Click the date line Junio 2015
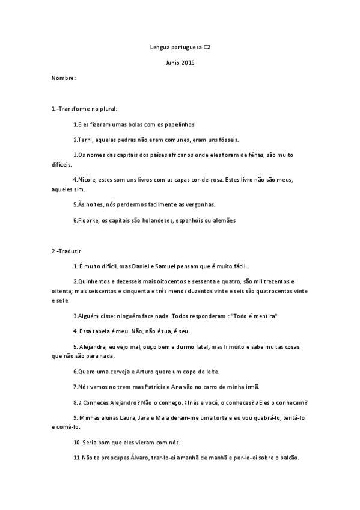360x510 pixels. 180,62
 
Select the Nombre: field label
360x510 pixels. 63,78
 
